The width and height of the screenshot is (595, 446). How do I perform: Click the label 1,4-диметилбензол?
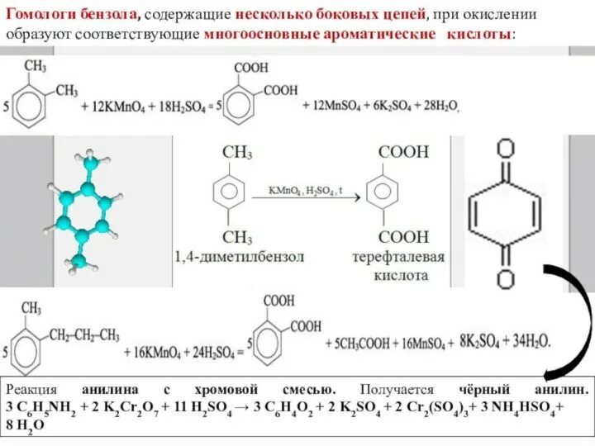[x=239, y=257]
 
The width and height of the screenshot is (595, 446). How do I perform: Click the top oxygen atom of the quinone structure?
[x=505, y=149]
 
